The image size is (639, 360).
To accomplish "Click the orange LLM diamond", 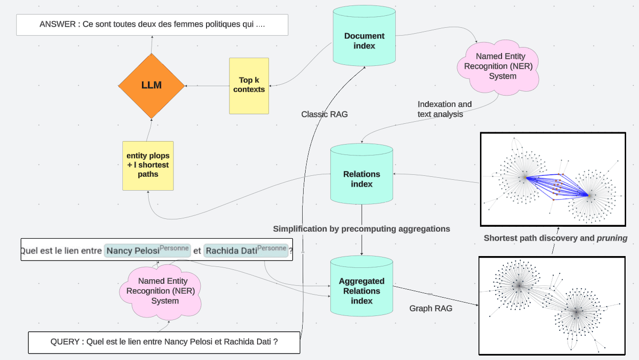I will coord(151,86).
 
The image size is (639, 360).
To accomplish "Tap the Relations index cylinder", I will coord(362,179).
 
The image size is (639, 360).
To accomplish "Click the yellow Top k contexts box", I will coord(249,86).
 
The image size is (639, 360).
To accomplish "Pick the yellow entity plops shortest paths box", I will coord(148,165).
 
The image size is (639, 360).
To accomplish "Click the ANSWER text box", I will coord(152,25).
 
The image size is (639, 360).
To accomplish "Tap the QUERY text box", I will coord(164,342).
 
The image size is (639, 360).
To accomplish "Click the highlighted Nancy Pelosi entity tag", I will coord(147,251).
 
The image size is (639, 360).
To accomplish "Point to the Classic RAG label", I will coord(324,114).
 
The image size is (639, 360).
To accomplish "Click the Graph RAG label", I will coord(430,309).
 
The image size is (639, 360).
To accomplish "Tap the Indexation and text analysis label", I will coord(444,109).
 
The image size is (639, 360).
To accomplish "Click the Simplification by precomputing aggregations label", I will coord(362,229).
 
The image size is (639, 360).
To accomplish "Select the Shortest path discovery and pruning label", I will coord(555,238).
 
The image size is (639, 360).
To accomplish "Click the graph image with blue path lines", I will coord(553,179).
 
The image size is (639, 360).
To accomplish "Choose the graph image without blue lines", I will coord(552,306).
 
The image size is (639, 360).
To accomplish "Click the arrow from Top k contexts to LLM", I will coord(207,86).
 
